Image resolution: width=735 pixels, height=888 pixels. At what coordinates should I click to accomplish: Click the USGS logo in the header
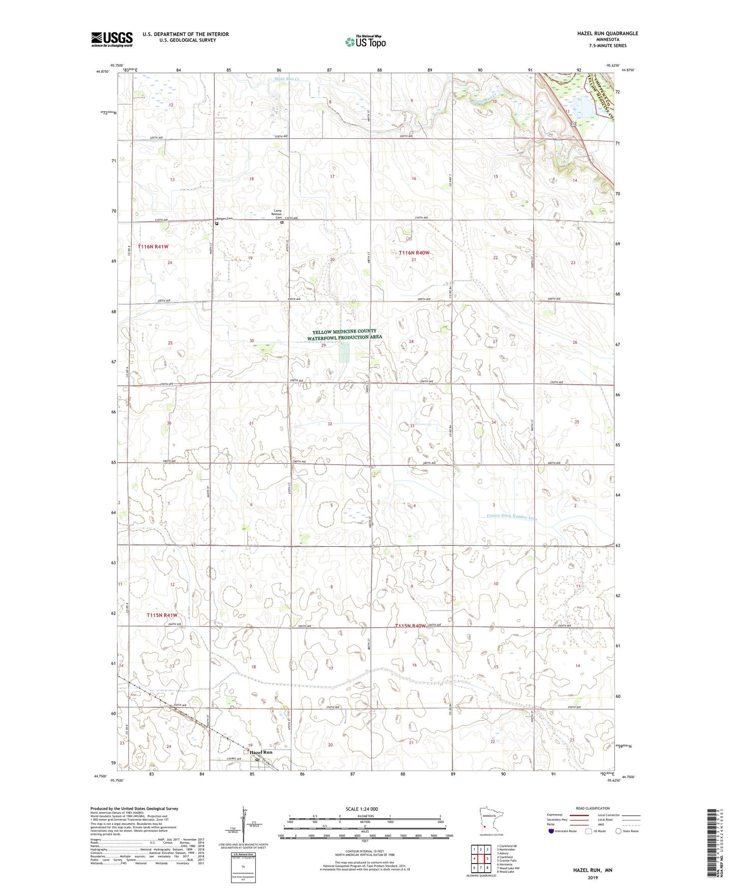click(x=112, y=39)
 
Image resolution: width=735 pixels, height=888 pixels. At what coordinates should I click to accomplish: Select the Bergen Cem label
click(x=223, y=219)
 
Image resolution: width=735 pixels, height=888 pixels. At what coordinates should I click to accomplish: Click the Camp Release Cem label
click(x=278, y=214)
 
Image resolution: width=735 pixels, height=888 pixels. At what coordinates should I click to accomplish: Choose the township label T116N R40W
click(x=414, y=253)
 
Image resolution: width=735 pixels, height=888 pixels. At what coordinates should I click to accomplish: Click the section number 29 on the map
click(x=323, y=345)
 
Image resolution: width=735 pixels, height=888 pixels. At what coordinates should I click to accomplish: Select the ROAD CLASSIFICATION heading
click(x=593, y=808)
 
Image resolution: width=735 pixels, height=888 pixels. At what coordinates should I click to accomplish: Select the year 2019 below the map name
click(x=593, y=877)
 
